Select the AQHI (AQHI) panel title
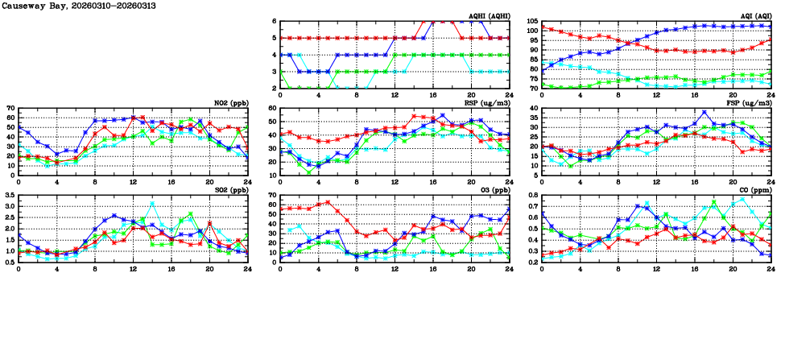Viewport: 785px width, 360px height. click(490, 15)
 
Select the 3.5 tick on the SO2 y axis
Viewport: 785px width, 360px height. click(9, 196)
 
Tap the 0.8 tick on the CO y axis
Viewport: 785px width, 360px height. click(533, 196)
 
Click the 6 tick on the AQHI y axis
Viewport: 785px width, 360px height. click(274, 22)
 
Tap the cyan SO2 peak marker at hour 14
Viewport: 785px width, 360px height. click(152, 203)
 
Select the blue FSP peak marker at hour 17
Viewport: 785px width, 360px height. click(704, 113)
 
